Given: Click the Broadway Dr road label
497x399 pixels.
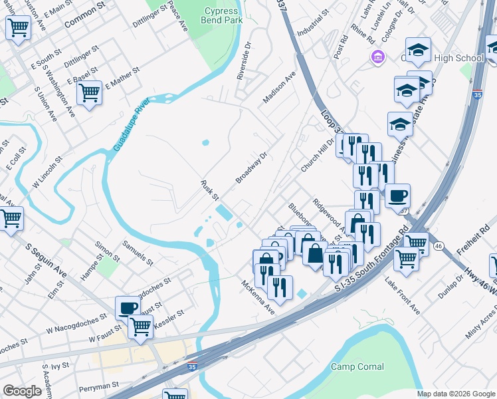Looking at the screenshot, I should point(251,169).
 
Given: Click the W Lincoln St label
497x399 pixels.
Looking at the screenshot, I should point(45,172).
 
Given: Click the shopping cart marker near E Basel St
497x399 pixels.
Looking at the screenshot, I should point(89,92).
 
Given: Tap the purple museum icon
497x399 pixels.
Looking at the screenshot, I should point(378,57).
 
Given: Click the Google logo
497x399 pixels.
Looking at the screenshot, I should point(23,391).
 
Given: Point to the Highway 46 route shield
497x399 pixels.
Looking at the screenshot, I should point(439,246).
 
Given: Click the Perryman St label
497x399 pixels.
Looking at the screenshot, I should point(98,384).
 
